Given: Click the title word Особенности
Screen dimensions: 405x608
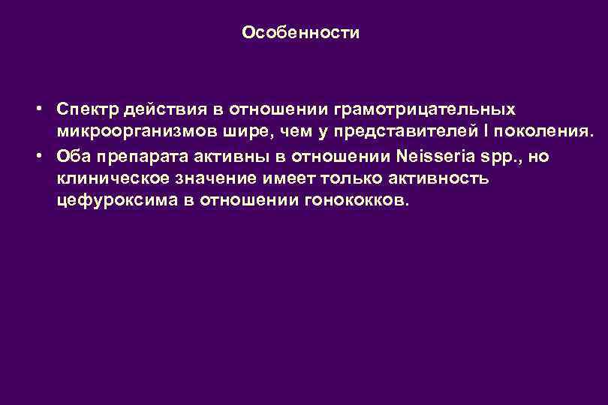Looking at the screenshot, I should click(302, 33).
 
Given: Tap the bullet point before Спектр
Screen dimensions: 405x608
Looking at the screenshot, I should click(38, 109).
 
